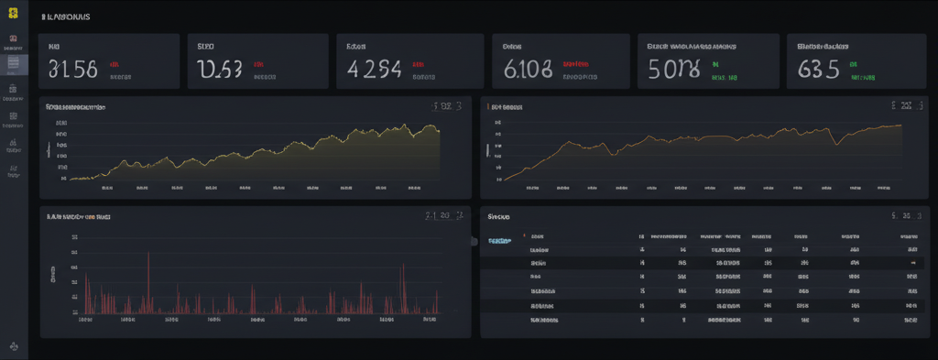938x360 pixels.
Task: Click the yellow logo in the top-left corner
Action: click(x=14, y=16)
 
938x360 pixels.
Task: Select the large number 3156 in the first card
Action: click(x=71, y=69)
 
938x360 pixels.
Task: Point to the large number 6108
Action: click(x=528, y=69)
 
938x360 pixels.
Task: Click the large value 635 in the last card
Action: click(x=818, y=69)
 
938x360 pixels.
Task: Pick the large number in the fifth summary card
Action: click(x=673, y=69)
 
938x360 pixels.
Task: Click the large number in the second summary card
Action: click(x=220, y=69)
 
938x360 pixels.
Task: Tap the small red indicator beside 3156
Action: click(x=115, y=65)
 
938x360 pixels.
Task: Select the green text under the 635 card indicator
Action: click(x=862, y=79)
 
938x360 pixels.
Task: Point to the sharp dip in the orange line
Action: click(x=835, y=143)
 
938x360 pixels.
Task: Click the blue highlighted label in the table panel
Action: click(x=499, y=241)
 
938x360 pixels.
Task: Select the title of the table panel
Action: click(x=499, y=218)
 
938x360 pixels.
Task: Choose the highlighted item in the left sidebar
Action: click(x=14, y=63)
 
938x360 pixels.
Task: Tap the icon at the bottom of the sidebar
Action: click(x=14, y=346)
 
